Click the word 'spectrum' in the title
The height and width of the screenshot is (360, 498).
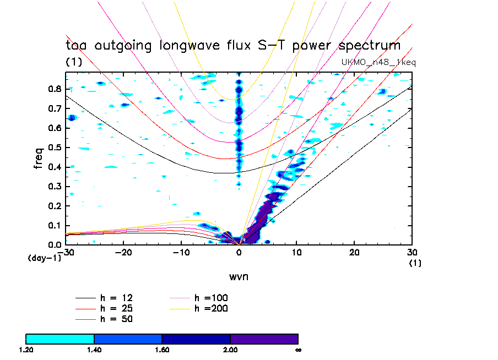367,46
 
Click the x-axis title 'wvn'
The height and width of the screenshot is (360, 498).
239,276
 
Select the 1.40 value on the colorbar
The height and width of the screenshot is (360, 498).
94,349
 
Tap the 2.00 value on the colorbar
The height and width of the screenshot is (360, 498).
230,349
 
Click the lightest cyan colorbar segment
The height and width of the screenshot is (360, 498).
60,339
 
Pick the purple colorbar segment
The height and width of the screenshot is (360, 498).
264,339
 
